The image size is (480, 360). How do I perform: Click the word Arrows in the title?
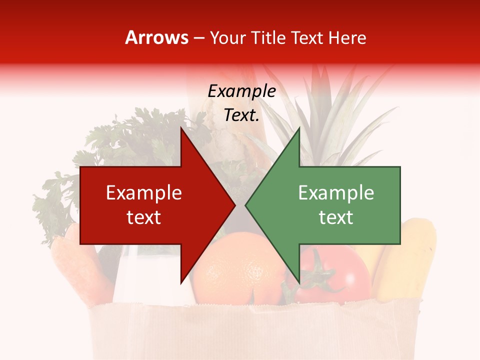[x=156, y=37]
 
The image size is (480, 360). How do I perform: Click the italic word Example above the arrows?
[x=241, y=91]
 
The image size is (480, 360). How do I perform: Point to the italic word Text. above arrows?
[x=241, y=115]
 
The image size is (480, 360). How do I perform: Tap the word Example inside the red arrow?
[x=144, y=193]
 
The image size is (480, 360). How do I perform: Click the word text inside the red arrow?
[x=144, y=217]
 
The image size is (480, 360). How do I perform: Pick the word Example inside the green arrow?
[x=336, y=193]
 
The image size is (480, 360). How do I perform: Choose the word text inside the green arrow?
[x=336, y=217]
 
